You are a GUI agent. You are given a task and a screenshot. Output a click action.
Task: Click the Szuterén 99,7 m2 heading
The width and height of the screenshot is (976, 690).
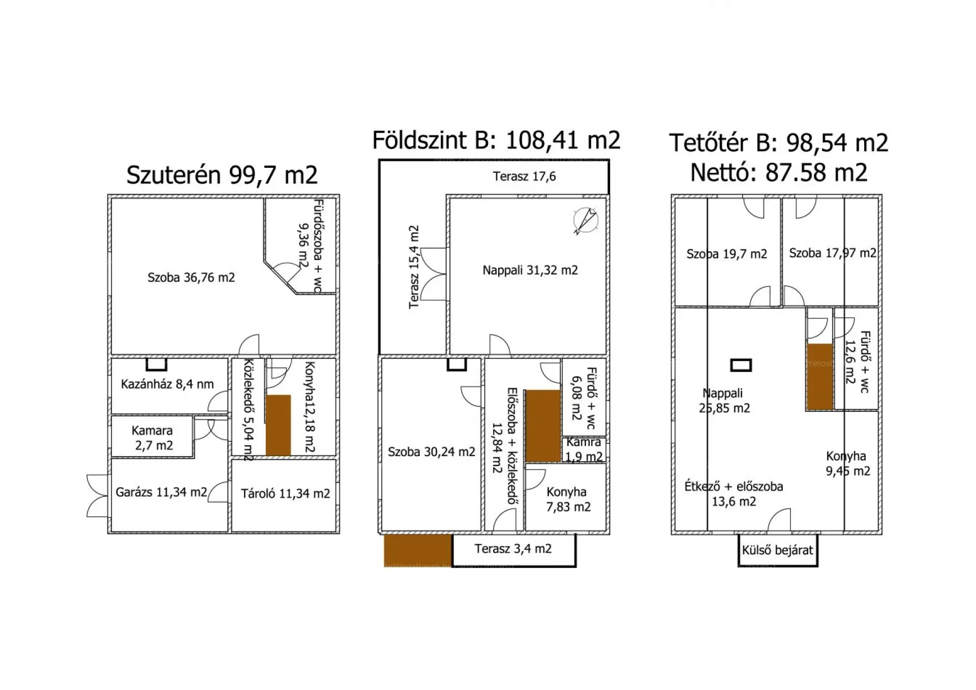222,175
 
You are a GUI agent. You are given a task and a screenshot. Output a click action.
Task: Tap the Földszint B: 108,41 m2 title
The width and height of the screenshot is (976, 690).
496,140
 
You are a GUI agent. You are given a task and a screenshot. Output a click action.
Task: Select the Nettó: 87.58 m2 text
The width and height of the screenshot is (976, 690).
778,172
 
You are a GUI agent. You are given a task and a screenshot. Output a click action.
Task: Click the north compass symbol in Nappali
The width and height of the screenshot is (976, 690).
585,220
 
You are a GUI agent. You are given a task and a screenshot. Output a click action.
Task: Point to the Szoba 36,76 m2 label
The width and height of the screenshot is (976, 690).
191,278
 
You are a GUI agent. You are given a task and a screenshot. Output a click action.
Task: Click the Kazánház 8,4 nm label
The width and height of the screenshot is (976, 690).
167,384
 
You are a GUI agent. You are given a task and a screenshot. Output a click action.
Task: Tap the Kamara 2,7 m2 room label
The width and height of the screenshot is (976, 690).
152,438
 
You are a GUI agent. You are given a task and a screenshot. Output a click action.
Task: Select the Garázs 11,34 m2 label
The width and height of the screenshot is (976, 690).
161,492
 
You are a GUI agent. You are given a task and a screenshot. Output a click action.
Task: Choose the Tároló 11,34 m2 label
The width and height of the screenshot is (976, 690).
285,493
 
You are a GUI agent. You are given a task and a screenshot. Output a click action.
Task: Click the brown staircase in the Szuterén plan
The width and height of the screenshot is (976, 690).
279,425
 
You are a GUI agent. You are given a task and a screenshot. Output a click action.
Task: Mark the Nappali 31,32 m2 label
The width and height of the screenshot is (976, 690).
530,270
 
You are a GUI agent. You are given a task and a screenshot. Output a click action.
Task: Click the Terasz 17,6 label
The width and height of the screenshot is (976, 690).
524,176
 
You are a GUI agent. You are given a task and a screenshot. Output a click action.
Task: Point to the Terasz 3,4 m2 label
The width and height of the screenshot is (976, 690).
513,549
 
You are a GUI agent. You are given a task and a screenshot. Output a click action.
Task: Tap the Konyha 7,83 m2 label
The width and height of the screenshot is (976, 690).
567,499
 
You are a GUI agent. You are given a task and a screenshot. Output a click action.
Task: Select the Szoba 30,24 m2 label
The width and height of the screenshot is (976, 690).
431,452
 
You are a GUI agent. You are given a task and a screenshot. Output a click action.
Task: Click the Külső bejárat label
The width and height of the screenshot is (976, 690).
777,550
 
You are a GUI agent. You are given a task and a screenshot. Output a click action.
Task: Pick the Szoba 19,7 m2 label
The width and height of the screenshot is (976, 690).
726,254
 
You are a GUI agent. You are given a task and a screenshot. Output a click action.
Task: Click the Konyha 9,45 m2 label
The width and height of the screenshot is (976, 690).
847,463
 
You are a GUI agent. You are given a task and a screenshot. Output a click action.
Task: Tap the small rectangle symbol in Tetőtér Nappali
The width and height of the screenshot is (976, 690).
741,365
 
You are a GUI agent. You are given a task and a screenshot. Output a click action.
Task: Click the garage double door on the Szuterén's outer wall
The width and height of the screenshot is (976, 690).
98,495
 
